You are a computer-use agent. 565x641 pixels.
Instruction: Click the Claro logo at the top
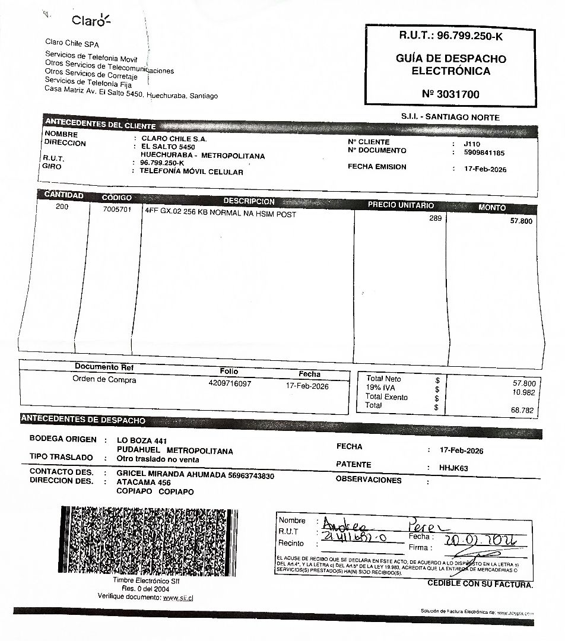(x=91, y=21)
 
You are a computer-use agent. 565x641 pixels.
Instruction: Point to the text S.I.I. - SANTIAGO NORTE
(x=450, y=118)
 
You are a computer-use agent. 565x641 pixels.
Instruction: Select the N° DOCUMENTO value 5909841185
(x=484, y=153)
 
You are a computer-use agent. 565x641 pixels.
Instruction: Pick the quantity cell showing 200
(x=62, y=207)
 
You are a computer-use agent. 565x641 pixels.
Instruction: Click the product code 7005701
(x=117, y=210)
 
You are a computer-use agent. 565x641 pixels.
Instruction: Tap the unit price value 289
(x=435, y=218)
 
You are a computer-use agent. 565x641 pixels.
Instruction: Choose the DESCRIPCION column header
(x=249, y=201)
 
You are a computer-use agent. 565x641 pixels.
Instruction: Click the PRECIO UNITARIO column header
(x=401, y=205)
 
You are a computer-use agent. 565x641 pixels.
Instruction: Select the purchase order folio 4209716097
(x=230, y=383)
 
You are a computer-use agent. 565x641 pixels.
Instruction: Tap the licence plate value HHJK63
(x=453, y=468)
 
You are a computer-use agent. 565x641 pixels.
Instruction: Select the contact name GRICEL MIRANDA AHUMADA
(x=171, y=475)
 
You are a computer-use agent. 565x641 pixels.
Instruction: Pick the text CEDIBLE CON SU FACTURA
(x=480, y=584)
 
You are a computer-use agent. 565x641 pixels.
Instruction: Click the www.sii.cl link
(x=178, y=598)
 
